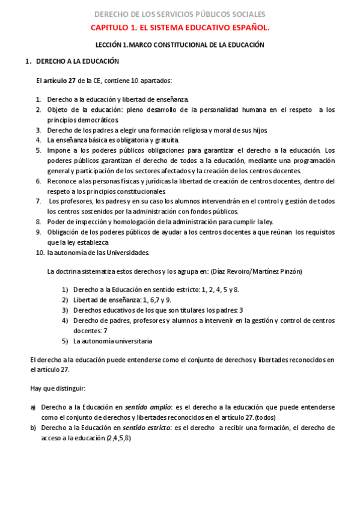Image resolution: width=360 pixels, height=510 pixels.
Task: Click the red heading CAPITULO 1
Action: (180, 28)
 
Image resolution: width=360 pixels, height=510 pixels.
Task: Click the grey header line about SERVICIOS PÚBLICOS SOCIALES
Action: (180, 14)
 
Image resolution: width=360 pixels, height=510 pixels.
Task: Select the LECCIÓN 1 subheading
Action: (180, 45)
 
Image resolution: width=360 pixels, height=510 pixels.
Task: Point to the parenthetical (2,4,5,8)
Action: (118, 438)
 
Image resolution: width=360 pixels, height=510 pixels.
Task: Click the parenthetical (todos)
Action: (266, 418)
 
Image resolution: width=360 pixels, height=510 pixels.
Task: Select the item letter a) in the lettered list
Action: (33, 408)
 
